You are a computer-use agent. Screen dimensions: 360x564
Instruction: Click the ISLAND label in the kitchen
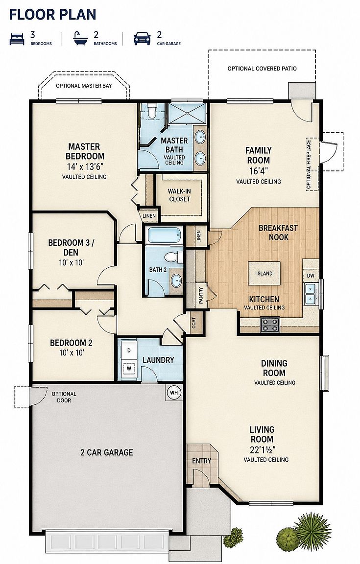point(264,274)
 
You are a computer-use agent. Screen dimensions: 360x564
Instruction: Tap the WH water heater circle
point(174,393)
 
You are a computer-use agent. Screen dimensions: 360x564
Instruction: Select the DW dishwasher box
point(311,276)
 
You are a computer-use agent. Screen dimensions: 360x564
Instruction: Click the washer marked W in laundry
point(128,369)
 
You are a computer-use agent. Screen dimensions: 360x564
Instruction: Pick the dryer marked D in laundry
point(128,350)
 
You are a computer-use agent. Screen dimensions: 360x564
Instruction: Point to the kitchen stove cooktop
point(270,324)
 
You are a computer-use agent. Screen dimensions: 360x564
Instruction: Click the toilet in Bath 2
point(174,257)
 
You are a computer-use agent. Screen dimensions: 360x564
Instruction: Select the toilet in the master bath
point(152,111)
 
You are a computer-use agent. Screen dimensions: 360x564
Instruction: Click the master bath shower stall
point(186,114)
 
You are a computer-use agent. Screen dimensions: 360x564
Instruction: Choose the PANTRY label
point(201,295)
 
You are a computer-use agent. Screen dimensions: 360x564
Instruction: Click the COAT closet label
point(194,323)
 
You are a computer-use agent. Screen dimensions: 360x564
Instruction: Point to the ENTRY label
point(202,461)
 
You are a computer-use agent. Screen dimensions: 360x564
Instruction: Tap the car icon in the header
point(142,39)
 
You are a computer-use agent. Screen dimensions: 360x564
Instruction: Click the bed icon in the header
point(17,39)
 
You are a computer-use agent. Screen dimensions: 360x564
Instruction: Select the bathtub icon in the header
point(81,39)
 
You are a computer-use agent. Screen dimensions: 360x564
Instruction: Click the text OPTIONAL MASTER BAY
point(84,86)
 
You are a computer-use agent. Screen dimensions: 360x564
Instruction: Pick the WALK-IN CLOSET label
point(179,195)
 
